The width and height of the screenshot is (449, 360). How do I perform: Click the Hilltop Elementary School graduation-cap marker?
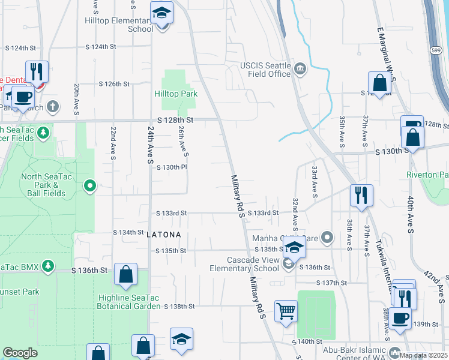tap(161, 14)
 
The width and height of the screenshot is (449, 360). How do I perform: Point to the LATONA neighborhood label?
tap(163, 234)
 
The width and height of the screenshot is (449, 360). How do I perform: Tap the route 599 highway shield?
tap(441, 52)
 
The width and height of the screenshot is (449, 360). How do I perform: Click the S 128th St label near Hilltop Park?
tap(176, 120)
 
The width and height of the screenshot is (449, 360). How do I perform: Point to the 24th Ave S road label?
tap(151, 145)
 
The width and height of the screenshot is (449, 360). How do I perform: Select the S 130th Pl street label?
tap(169, 167)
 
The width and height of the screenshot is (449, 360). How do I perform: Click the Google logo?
tap(20, 353)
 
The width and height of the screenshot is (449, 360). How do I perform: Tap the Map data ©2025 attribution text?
tap(424, 355)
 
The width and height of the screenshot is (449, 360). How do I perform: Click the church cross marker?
tap(53, 107)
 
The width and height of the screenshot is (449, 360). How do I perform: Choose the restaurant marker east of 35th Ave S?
tap(361, 196)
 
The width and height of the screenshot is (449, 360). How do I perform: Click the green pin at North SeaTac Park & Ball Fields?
tap(90, 187)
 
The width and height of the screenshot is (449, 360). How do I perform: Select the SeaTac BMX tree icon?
tap(48, 265)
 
